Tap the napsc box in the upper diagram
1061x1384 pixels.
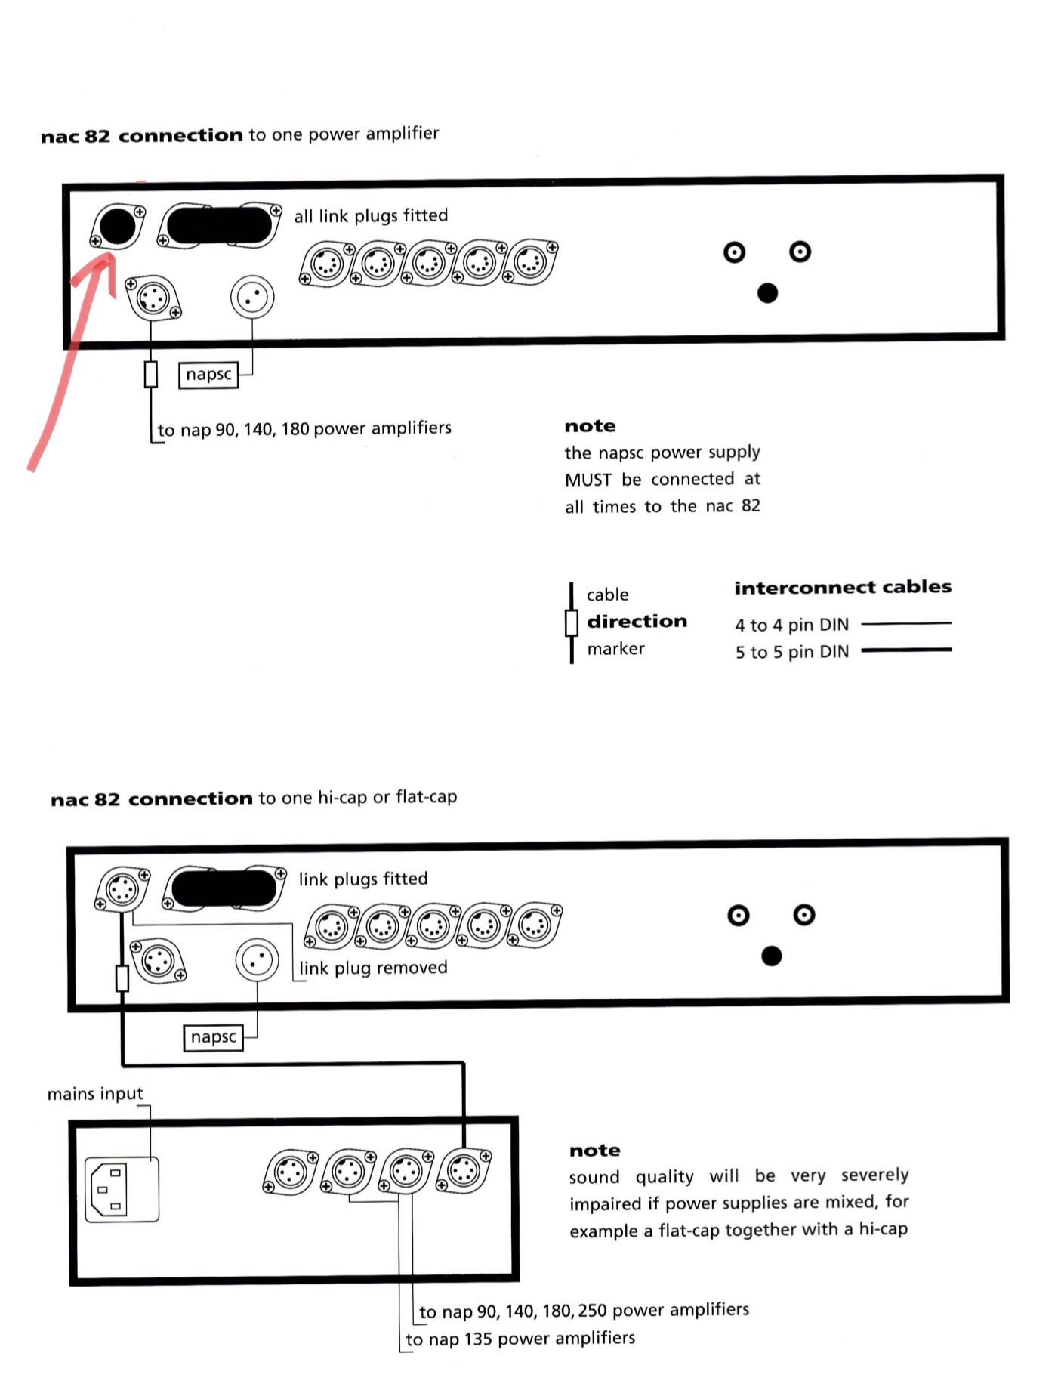(208, 375)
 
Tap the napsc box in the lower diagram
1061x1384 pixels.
(213, 1037)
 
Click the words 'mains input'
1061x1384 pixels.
(94, 1094)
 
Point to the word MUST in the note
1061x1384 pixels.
(588, 480)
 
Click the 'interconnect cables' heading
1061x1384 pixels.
(842, 587)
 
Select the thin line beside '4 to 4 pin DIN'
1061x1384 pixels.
(905, 624)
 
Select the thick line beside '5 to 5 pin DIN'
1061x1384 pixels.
(905, 650)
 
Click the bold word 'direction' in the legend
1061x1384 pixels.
(637, 621)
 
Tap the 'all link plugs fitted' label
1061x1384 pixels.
(370, 216)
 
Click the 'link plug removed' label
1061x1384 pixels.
(373, 968)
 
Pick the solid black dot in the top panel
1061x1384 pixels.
(766, 293)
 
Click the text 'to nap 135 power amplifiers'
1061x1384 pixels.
(520, 1339)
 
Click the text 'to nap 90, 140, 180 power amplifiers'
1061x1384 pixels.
(304, 429)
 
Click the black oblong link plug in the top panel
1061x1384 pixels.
(218, 224)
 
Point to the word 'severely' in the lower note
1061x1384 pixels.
(874, 1175)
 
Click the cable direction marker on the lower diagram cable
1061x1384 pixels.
(122, 978)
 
